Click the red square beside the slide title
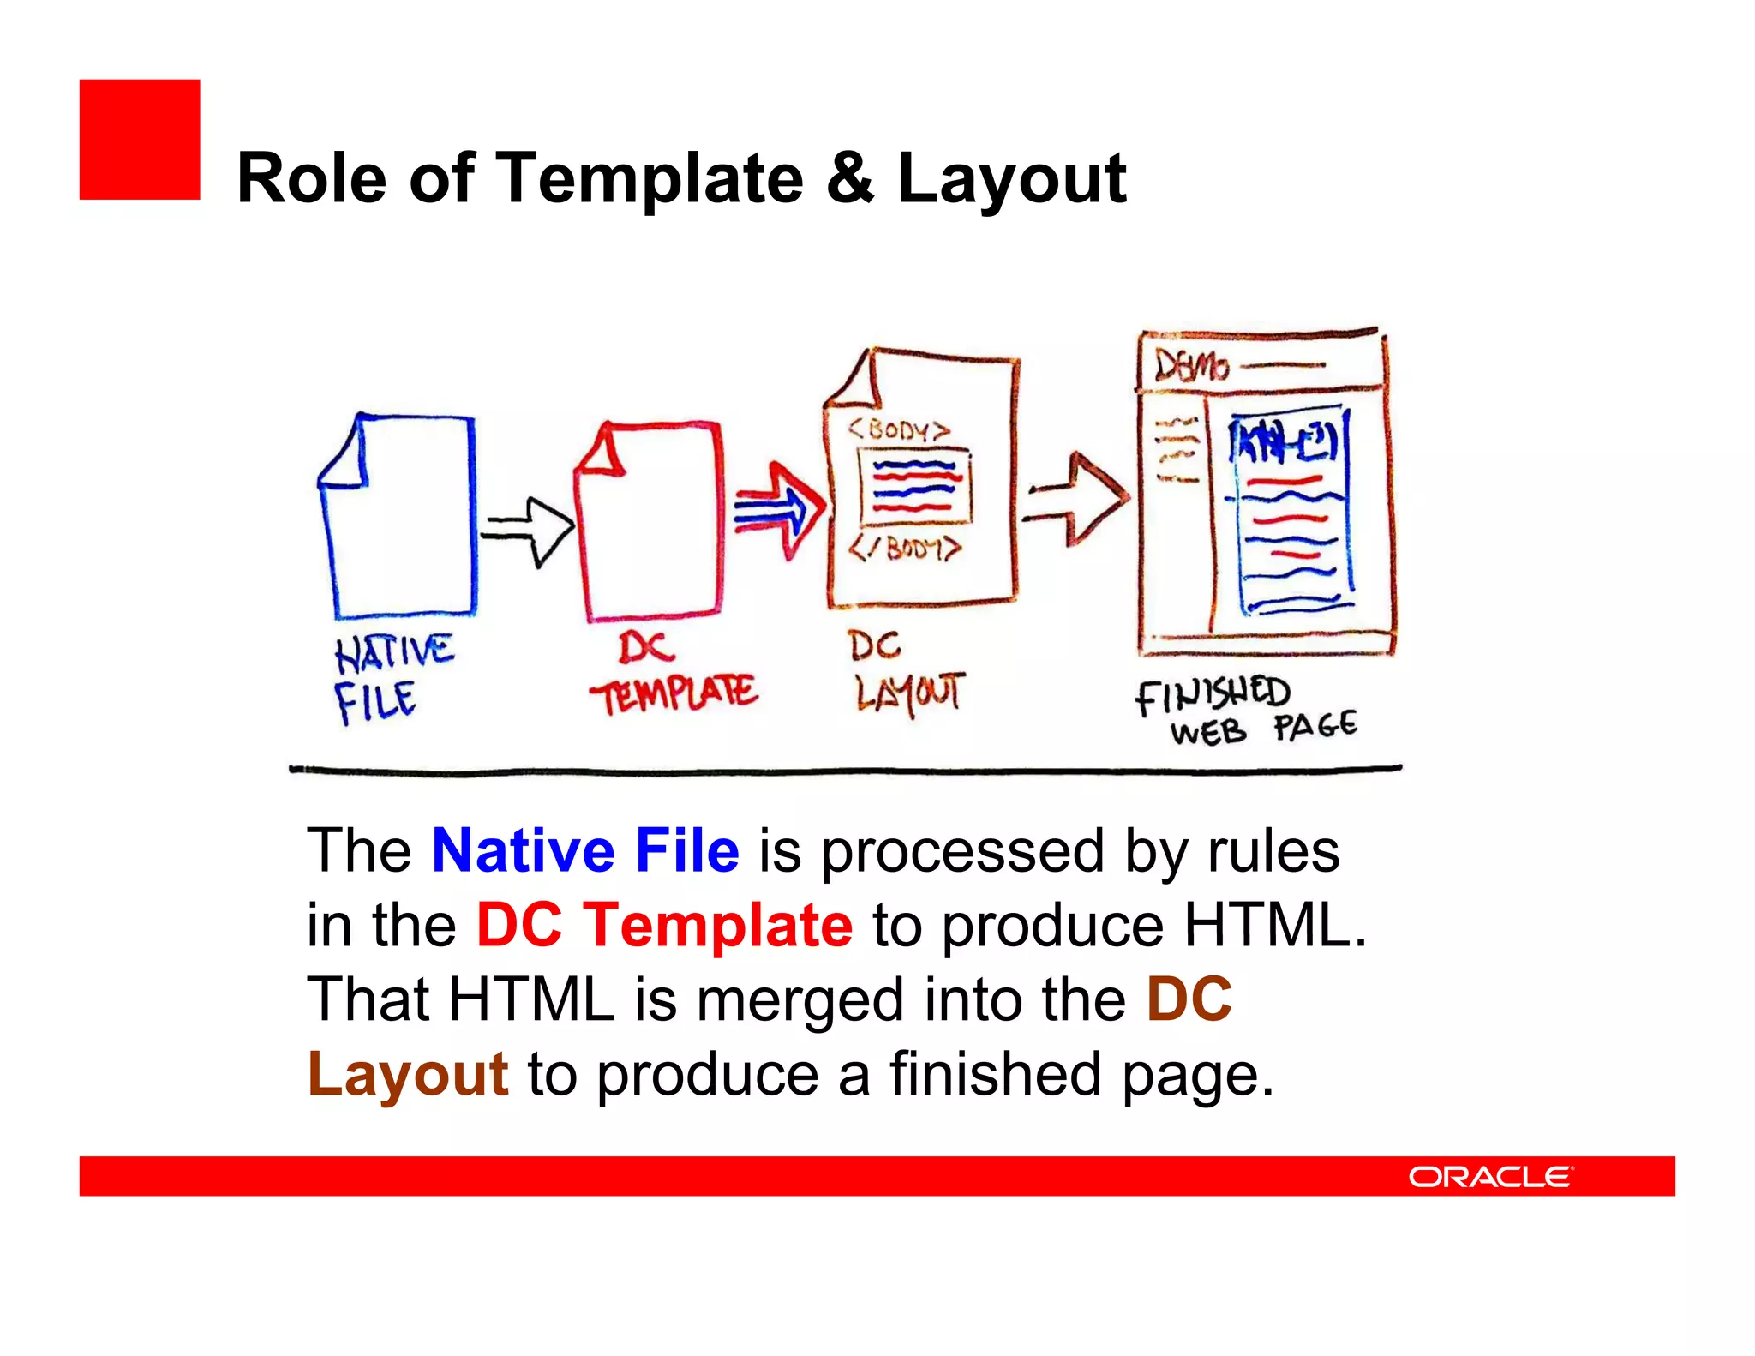(140, 140)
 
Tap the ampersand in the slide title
(850, 178)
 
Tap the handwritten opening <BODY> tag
(899, 429)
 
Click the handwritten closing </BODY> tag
(905, 548)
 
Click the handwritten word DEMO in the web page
(1191, 366)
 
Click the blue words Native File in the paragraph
(585, 850)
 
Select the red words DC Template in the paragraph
(664, 925)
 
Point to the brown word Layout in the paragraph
(408, 1074)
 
